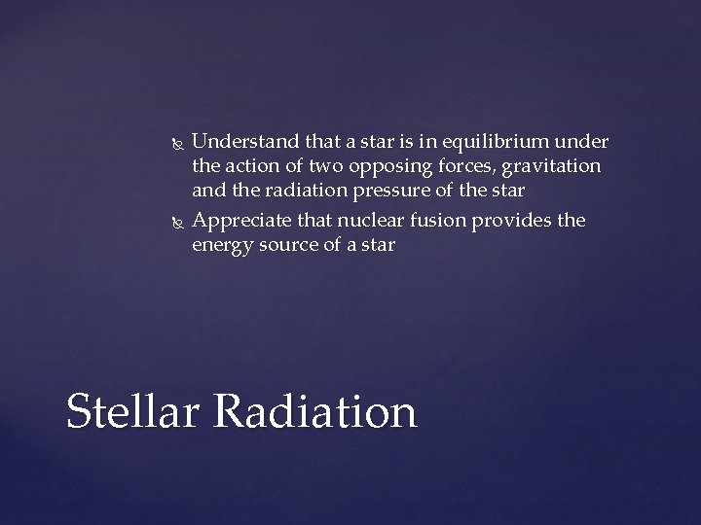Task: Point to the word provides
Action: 512,221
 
